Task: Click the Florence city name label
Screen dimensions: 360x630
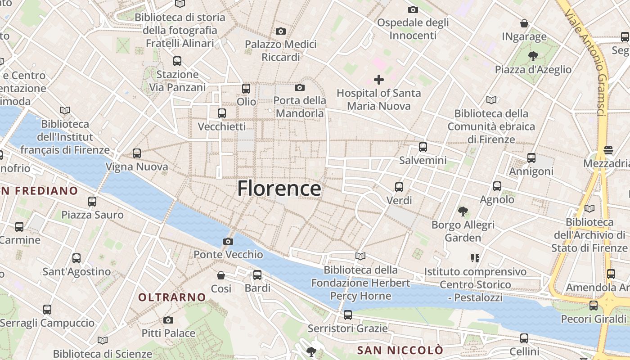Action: pos(279,188)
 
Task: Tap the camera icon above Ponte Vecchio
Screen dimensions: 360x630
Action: pos(228,242)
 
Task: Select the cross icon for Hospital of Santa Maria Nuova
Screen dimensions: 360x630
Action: pos(379,80)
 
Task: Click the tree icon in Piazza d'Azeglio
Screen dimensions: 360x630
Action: pos(533,56)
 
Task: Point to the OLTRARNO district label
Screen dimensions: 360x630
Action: pos(172,297)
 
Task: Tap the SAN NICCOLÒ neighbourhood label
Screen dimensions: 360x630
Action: pos(400,350)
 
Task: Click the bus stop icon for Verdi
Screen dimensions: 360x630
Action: pos(399,187)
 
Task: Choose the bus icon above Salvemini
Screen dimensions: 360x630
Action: pos(423,147)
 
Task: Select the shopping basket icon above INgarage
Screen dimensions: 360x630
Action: pos(524,23)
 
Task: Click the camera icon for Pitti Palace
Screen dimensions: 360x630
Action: pos(168,320)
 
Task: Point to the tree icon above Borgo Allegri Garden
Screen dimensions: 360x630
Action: pos(463,211)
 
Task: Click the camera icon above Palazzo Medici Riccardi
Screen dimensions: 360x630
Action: pos(281,31)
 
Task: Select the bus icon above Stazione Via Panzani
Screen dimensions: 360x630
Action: pos(177,61)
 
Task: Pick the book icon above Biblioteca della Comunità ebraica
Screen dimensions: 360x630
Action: pos(491,100)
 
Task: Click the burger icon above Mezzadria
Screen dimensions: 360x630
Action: pos(608,150)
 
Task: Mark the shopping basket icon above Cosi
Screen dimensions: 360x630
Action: pos(221,275)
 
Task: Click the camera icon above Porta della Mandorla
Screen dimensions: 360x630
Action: pos(300,87)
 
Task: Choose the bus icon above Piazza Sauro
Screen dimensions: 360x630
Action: pos(92,202)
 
